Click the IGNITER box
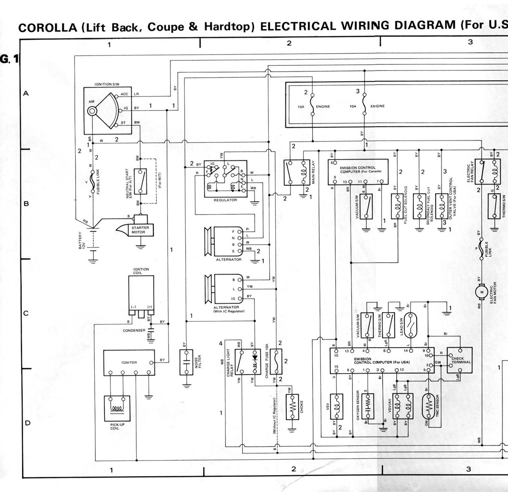(x=129, y=362)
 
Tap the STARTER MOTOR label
(x=138, y=229)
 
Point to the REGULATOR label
(x=225, y=200)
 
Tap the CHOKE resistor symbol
(x=292, y=407)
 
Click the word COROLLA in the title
(x=47, y=28)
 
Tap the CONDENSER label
(x=134, y=331)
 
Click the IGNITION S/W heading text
(x=107, y=84)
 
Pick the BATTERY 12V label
(x=81, y=241)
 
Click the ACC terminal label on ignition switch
(x=124, y=94)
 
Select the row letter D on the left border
(x=27, y=423)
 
